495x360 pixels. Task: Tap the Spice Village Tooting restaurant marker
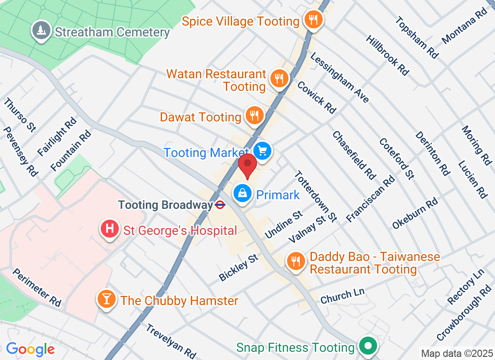[313, 20]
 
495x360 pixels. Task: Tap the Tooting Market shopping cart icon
[262, 151]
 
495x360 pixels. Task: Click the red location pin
[247, 166]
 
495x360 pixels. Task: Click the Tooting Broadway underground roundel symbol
[220, 205]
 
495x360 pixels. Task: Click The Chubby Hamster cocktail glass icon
[107, 299]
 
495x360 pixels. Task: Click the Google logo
[30, 349]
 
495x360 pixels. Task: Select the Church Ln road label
[342, 295]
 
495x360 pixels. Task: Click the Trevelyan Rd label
[171, 341]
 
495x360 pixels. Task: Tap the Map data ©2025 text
[456, 353]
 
